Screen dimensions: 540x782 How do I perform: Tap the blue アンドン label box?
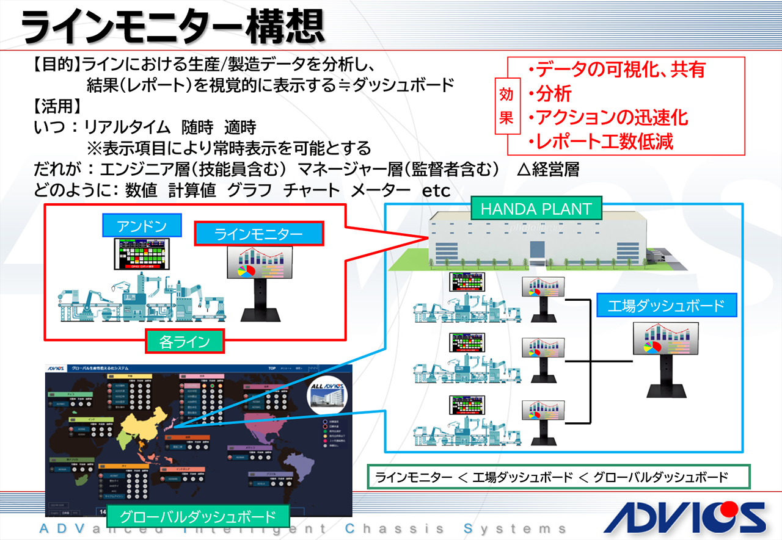point(142,226)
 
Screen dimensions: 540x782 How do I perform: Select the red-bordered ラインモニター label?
point(258,234)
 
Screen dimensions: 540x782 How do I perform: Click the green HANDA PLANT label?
point(536,209)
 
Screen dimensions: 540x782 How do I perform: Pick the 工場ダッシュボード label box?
point(666,306)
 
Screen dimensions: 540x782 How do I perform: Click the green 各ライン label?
point(185,342)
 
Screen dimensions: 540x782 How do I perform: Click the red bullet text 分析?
point(554,93)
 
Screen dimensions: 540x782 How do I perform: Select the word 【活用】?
point(56,106)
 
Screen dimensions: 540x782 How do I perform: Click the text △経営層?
point(547,169)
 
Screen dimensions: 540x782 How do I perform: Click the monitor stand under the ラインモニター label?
point(260,305)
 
